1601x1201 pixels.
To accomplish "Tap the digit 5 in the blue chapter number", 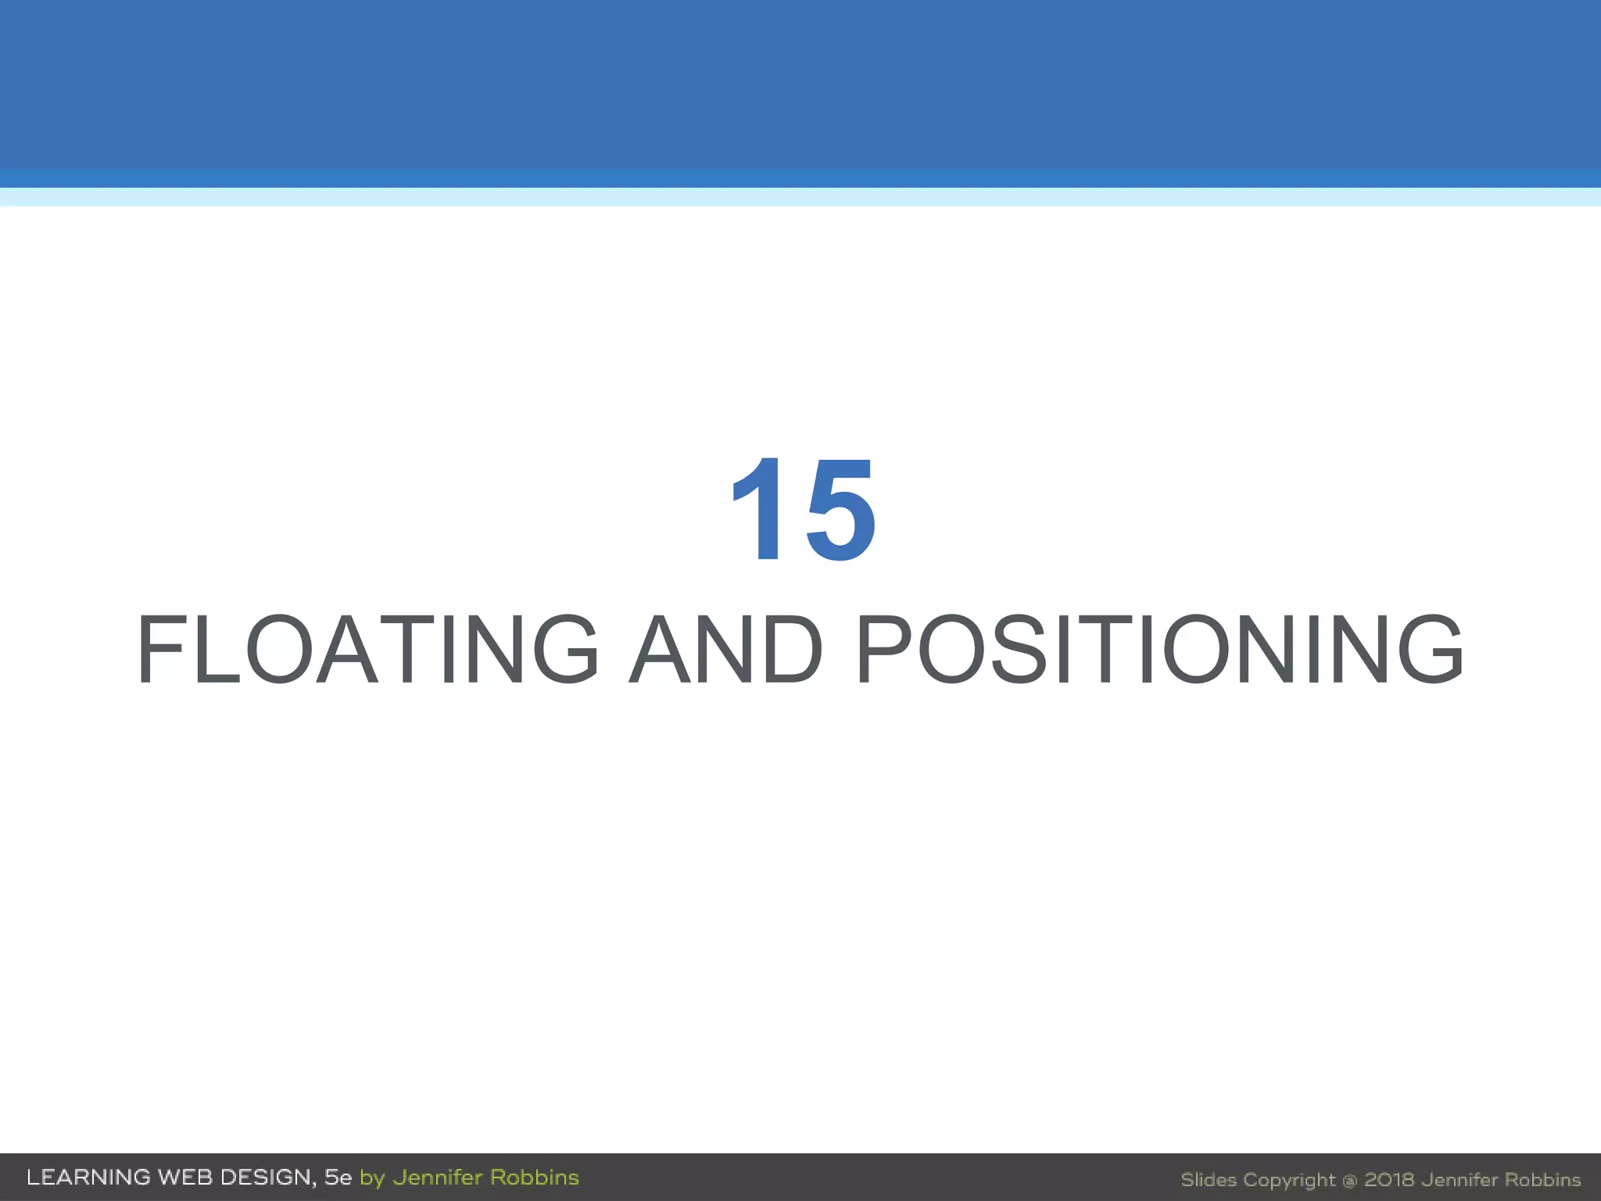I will pyautogui.click(x=840, y=511).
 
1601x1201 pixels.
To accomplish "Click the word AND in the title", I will pyautogui.click(x=726, y=650).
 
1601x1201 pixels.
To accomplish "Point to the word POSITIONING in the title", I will pyautogui.click(x=1160, y=650).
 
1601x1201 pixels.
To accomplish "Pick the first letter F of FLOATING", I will pyautogui.click(x=162, y=650).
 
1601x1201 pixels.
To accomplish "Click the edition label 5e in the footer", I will pyautogui.click(x=338, y=1178).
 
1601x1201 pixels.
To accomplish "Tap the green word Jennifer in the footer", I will pyautogui.click(x=437, y=1178).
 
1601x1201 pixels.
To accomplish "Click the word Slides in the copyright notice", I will pyautogui.click(x=1209, y=1180).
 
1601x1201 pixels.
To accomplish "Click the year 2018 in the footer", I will pyautogui.click(x=1389, y=1180).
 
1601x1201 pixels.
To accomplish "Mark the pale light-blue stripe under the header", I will pyautogui.click(x=800, y=197).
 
